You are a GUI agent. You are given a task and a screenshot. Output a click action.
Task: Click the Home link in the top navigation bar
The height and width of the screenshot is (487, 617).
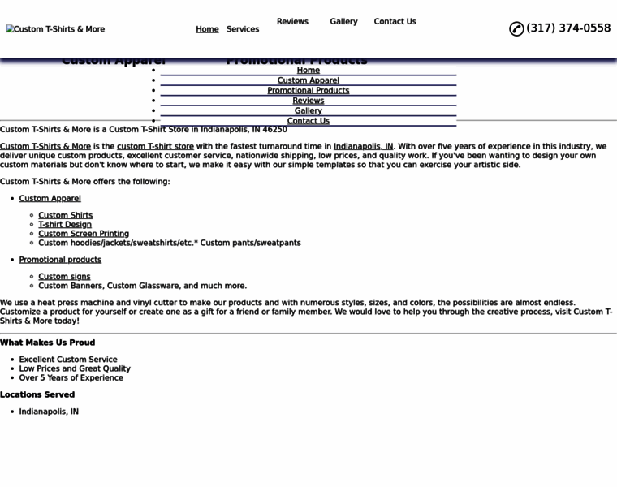click(207, 29)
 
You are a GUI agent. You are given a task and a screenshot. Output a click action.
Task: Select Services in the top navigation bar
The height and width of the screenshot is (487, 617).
click(243, 29)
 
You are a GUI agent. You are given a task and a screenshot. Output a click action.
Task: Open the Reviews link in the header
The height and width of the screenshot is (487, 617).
click(292, 22)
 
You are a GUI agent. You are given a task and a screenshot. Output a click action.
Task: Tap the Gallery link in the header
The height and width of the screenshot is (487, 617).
click(343, 22)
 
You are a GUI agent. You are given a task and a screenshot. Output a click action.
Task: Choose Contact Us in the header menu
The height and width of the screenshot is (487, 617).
click(395, 22)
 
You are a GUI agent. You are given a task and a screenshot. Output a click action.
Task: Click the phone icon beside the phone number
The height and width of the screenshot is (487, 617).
click(516, 29)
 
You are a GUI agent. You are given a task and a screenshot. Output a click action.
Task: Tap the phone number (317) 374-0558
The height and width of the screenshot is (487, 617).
click(568, 28)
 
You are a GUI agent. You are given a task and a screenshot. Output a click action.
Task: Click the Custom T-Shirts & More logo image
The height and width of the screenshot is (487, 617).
click(55, 29)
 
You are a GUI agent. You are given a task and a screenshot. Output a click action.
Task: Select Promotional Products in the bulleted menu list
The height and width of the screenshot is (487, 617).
click(308, 91)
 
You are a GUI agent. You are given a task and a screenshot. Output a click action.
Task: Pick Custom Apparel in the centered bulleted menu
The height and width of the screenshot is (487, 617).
click(308, 80)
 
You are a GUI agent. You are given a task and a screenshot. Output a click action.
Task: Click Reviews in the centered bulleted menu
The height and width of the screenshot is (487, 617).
click(308, 101)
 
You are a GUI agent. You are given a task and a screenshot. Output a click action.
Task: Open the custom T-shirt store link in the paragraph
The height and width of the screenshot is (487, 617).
click(155, 147)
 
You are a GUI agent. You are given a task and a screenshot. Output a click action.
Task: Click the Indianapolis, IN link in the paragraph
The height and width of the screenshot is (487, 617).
click(363, 147)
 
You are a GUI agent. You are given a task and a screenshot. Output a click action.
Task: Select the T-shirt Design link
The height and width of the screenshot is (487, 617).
click(65, 225)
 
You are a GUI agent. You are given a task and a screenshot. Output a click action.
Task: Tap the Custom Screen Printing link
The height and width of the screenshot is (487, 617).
click(84, 234)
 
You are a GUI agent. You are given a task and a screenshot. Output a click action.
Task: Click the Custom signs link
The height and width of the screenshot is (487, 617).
click(64, 277)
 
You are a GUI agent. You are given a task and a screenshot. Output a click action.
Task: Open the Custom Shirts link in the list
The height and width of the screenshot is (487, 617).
click(65, 216)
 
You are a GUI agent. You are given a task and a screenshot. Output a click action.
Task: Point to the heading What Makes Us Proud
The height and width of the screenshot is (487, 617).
click(47, 343)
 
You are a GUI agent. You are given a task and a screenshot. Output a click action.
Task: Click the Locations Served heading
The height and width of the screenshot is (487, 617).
click(37, 394)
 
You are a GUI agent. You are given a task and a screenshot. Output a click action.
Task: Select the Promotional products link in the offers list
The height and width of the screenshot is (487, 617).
click(60, 260)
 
